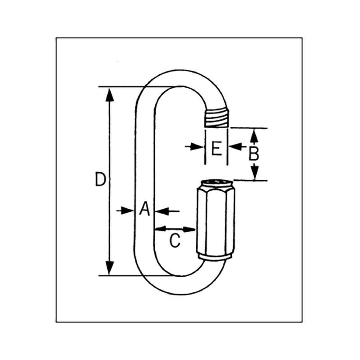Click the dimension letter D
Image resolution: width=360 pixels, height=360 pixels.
[x=100, y=180]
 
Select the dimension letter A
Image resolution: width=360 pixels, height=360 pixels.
[x=144, y=209]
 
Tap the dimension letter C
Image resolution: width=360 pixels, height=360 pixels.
[x=175, y=241]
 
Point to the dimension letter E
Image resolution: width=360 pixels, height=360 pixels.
[x=216, y=148]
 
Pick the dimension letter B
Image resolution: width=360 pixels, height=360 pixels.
[x=254, y=154]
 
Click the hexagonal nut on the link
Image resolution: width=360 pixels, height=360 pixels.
[x=214, y=220]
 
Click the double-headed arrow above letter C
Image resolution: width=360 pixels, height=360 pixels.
[x=175, y=229]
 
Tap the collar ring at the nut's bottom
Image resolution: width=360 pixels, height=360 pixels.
[x=214, y=257]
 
